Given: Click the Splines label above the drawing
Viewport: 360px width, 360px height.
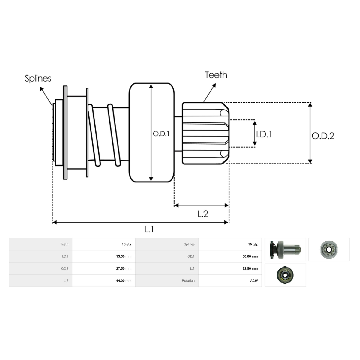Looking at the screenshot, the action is pos(38,79).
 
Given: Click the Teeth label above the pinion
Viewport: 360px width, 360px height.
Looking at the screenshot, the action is pos(216,75).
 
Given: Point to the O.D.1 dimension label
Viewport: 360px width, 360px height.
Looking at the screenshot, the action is pos(161,134).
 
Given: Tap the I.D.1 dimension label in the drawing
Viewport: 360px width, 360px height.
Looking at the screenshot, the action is pos(264,134).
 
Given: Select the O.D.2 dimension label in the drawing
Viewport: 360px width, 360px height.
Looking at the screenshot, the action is pos(323,136).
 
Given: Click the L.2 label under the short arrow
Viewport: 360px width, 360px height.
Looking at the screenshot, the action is pos(203,214).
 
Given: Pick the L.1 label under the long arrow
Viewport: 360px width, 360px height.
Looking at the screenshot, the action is pos(149,229).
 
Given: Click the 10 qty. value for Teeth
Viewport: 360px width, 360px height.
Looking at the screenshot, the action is pos(127,244).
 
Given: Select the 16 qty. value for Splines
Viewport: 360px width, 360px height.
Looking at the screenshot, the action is pos(253,244).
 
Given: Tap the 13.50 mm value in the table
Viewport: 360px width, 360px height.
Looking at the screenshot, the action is pos(124,256).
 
